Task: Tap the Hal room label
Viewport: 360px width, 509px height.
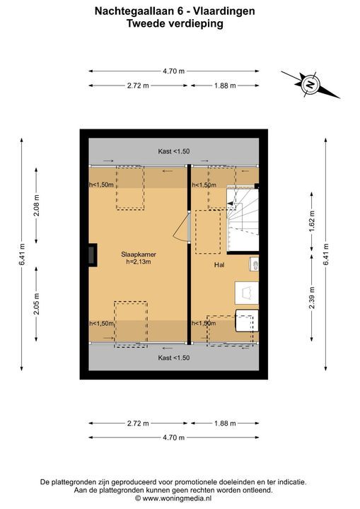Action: [219, 265]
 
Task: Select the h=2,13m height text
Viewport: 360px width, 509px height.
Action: [139, 262]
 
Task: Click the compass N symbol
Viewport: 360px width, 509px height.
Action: [310, 84]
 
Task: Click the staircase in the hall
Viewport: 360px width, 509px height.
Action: [243, 220]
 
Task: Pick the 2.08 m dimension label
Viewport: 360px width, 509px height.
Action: [36, 206]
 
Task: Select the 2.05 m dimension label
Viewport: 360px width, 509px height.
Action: [36, 304]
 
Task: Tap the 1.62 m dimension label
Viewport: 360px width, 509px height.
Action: [312, 221]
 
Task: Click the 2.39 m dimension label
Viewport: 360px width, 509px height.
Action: [312, 298]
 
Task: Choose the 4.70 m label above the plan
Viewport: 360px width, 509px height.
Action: [174, 71]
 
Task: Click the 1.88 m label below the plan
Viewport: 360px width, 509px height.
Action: [225, 423]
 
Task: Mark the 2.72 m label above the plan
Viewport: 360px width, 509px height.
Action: [138, 86]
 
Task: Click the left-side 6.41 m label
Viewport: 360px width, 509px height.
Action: [22, 255]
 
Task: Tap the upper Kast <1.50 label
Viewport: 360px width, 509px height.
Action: [174, 151]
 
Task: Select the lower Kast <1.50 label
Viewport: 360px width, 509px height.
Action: [174, 358]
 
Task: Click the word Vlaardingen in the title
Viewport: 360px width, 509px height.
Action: [224, 11]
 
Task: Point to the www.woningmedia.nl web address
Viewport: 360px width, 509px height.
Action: [178, 498]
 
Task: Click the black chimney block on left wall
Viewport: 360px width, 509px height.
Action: [92, 255]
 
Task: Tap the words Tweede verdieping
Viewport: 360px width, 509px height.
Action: [175, 24]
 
